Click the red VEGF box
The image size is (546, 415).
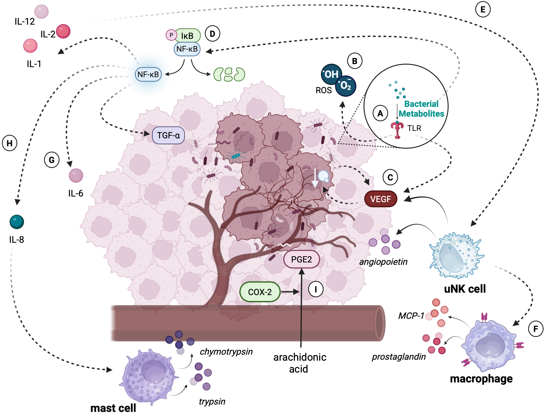(x=381, y=199)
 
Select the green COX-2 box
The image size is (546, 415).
(x=260, y=292)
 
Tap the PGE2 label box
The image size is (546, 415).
(x=302, y=259)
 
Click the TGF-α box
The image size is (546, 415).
(x=168, y=135)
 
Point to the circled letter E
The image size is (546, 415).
(x=483, y=9)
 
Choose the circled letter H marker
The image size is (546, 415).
(x=10, y=143)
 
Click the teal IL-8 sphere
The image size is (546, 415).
(x=17, y=222)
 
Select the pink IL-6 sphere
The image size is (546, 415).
(x=76, y=175)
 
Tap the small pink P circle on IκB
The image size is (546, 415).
(x=171, y=35)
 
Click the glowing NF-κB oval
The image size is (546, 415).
(x=148, y=74)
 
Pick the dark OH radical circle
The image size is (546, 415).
(x=331, y=74)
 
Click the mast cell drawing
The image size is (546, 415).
(x=149, y=376)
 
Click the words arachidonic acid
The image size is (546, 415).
(x=299, y=363)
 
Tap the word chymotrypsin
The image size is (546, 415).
(x=226, y=351)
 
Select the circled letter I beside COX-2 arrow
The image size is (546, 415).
(x=315, y=289)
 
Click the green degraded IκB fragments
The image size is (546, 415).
(x=229, y=74)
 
